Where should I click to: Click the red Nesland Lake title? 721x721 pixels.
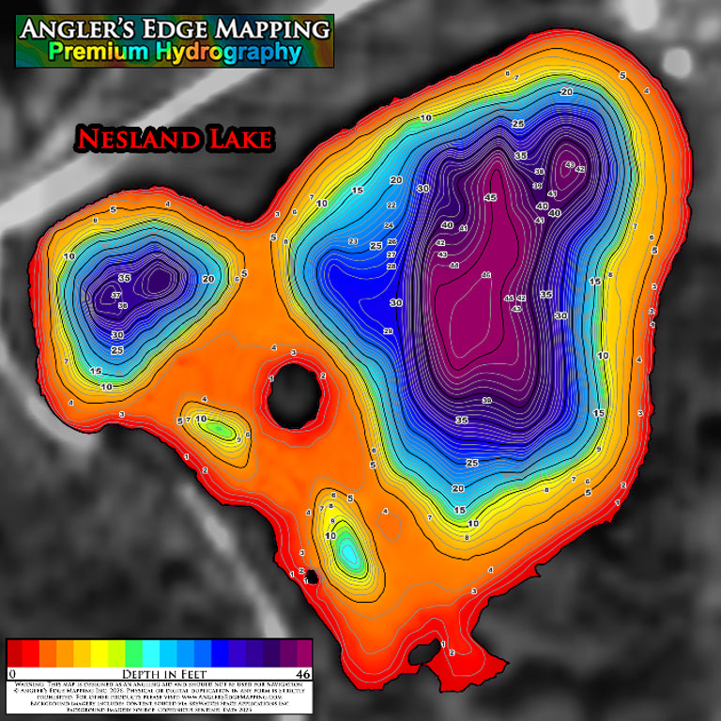coord(174,139)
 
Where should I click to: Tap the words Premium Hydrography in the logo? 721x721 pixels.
coord(175,53)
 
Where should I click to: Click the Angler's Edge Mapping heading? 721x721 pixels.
coord(175,29)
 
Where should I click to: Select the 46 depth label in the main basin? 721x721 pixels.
coord(485,275)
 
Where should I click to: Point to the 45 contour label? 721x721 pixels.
coord(490,198)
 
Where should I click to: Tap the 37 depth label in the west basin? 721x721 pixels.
coord(116,296)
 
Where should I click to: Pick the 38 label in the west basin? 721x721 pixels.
coord(122,305)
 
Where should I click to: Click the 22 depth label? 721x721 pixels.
coord(391,205)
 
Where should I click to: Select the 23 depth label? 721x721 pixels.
coord(353,241)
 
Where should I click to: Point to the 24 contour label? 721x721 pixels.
coord(389,225)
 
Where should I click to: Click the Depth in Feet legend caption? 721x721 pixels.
coord(159,674)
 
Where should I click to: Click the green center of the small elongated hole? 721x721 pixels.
coord(221,430)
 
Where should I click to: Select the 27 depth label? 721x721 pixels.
coord(391,254)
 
